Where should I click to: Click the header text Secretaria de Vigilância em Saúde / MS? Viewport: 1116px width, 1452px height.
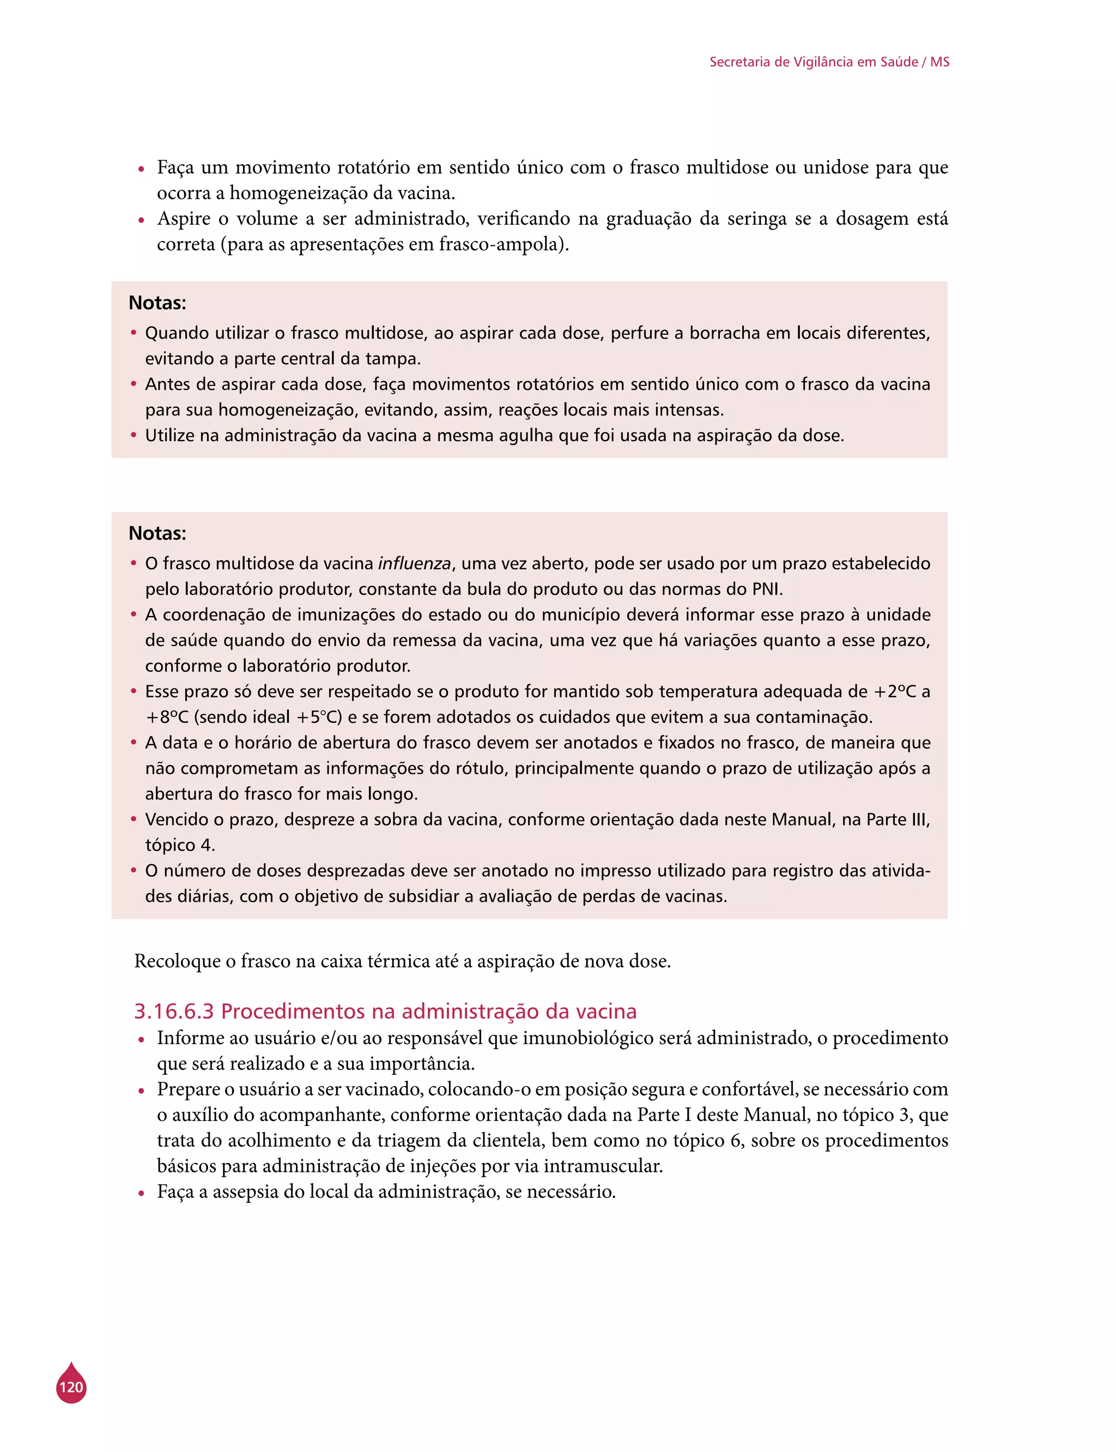tap(829, 62)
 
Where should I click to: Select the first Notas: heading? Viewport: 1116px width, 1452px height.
tap(157, 303)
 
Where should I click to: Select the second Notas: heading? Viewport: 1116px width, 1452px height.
tap(157, 534)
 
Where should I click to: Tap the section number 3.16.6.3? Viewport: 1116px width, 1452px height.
tap(174, 1011)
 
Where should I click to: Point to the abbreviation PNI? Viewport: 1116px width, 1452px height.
tap(766, 589)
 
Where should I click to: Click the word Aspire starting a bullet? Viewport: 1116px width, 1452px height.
tap(183, 219)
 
